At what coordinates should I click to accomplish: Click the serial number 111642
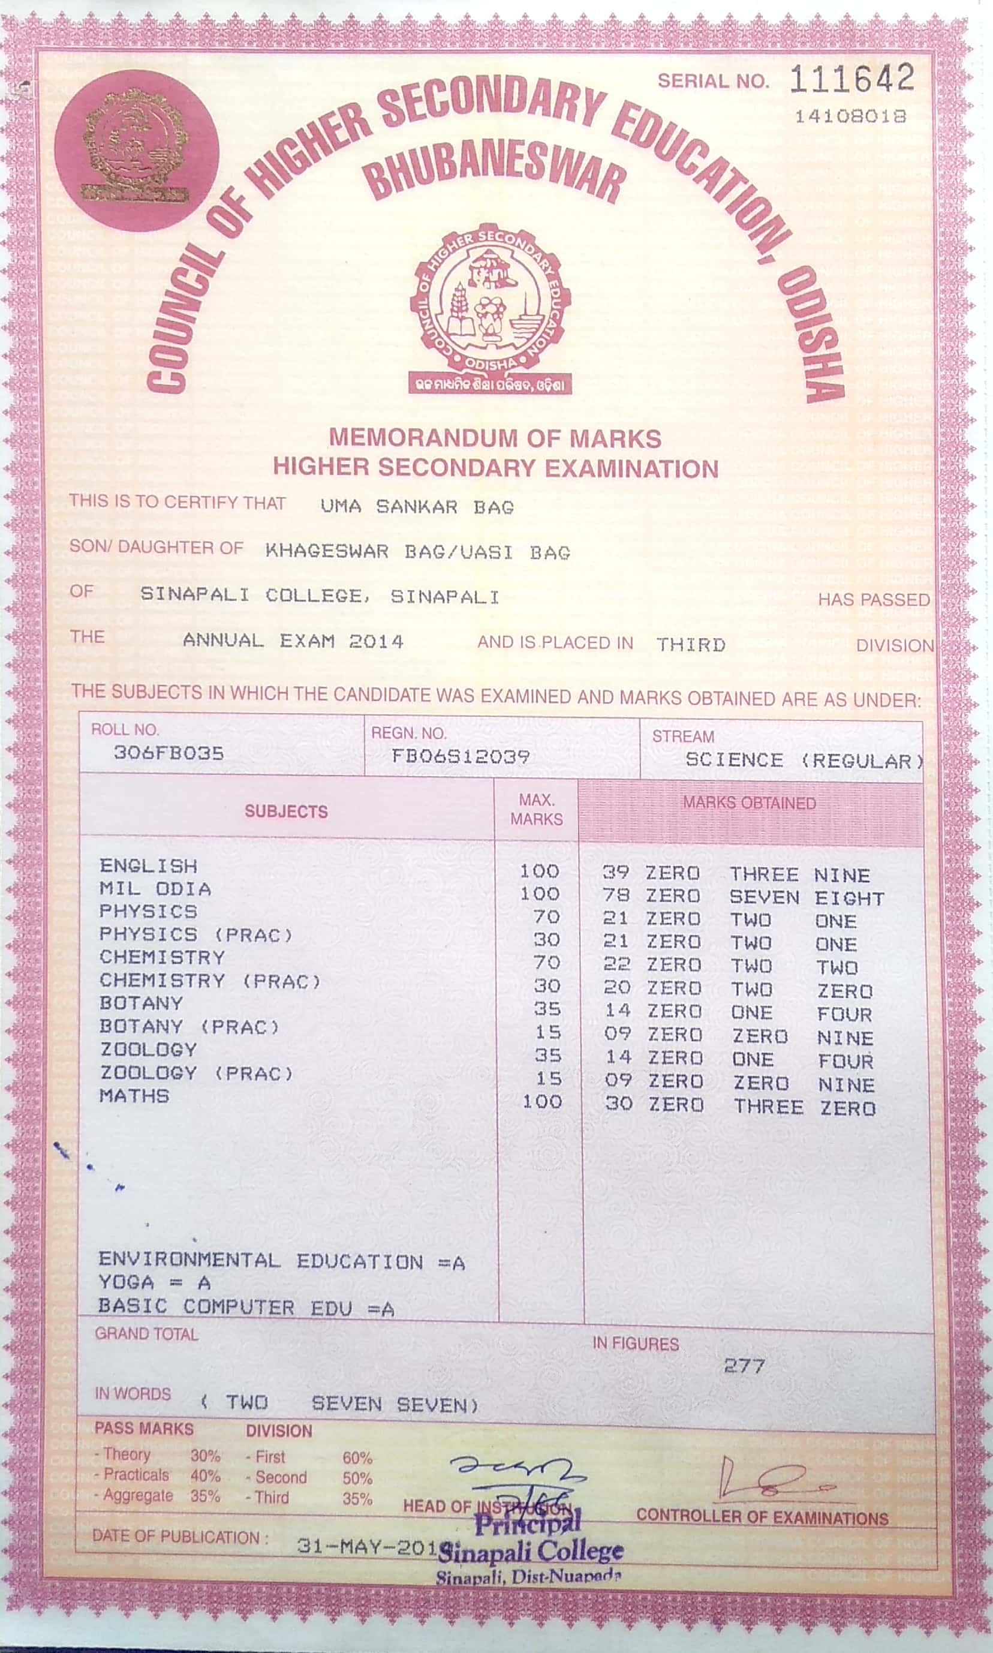(851, 79)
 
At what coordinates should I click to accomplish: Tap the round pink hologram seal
(137, 151)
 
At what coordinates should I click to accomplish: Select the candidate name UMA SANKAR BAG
(417, 507)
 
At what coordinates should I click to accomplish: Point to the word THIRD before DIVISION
(691, 645)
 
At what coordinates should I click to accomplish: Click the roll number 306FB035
(168, 753)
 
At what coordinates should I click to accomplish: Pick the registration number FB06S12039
(461, 756)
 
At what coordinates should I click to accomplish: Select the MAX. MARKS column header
(536, 809)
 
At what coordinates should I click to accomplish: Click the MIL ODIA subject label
(155, 889)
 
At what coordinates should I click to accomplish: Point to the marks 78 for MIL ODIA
(616, 895)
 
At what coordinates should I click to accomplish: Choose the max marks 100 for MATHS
(542, 1102)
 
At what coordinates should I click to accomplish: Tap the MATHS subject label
(134, 1096)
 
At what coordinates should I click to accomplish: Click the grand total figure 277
(744, 1365)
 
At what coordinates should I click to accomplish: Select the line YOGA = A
(155, 1283)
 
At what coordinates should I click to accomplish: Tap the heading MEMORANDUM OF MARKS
(495, 438)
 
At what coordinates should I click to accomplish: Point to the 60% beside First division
(357, 1458)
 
